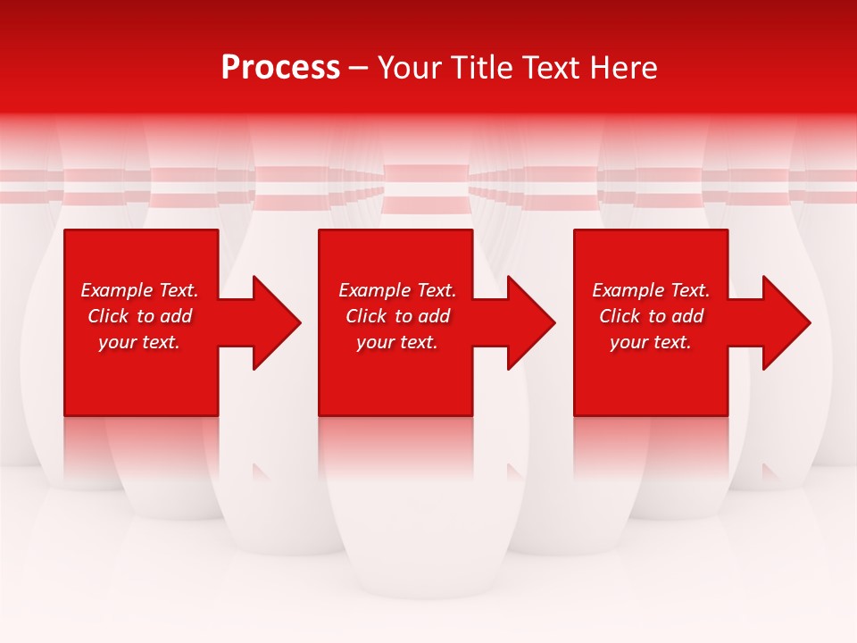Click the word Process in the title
tap(280, 68)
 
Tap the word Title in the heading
tap(478, 68)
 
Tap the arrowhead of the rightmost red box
tap(785, 322)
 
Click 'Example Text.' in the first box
tap(139, 290)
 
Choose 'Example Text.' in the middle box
tap(397, 290)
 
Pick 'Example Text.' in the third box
tap(651, 290)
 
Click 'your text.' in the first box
tap(139, 342)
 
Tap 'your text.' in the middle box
tap(397, 342)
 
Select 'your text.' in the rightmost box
tap(651, 342)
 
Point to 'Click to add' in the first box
tap(139, 316)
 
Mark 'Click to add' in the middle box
tap(397, 316)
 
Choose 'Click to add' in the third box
tap(651, 316)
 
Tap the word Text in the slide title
tap(546, 68)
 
